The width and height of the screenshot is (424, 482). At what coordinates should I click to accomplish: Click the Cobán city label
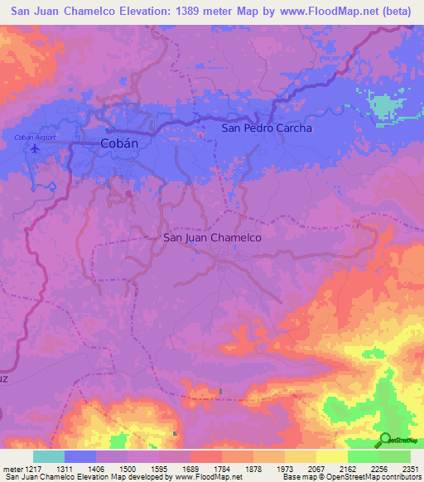click(118, 142)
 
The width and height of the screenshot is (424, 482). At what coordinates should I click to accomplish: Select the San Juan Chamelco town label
click(213, 237)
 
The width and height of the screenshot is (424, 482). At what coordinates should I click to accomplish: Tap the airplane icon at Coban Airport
click(34, 149)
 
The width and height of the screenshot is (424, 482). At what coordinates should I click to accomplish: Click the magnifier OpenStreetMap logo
click(385, 439)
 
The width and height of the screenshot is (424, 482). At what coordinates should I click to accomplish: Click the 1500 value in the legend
click(128, 468)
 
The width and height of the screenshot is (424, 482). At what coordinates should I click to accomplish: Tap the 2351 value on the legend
click(411, 468)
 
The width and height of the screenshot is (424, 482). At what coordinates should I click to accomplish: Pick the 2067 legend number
click(316, 468)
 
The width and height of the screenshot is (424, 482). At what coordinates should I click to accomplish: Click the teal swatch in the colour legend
click(49, 456)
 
